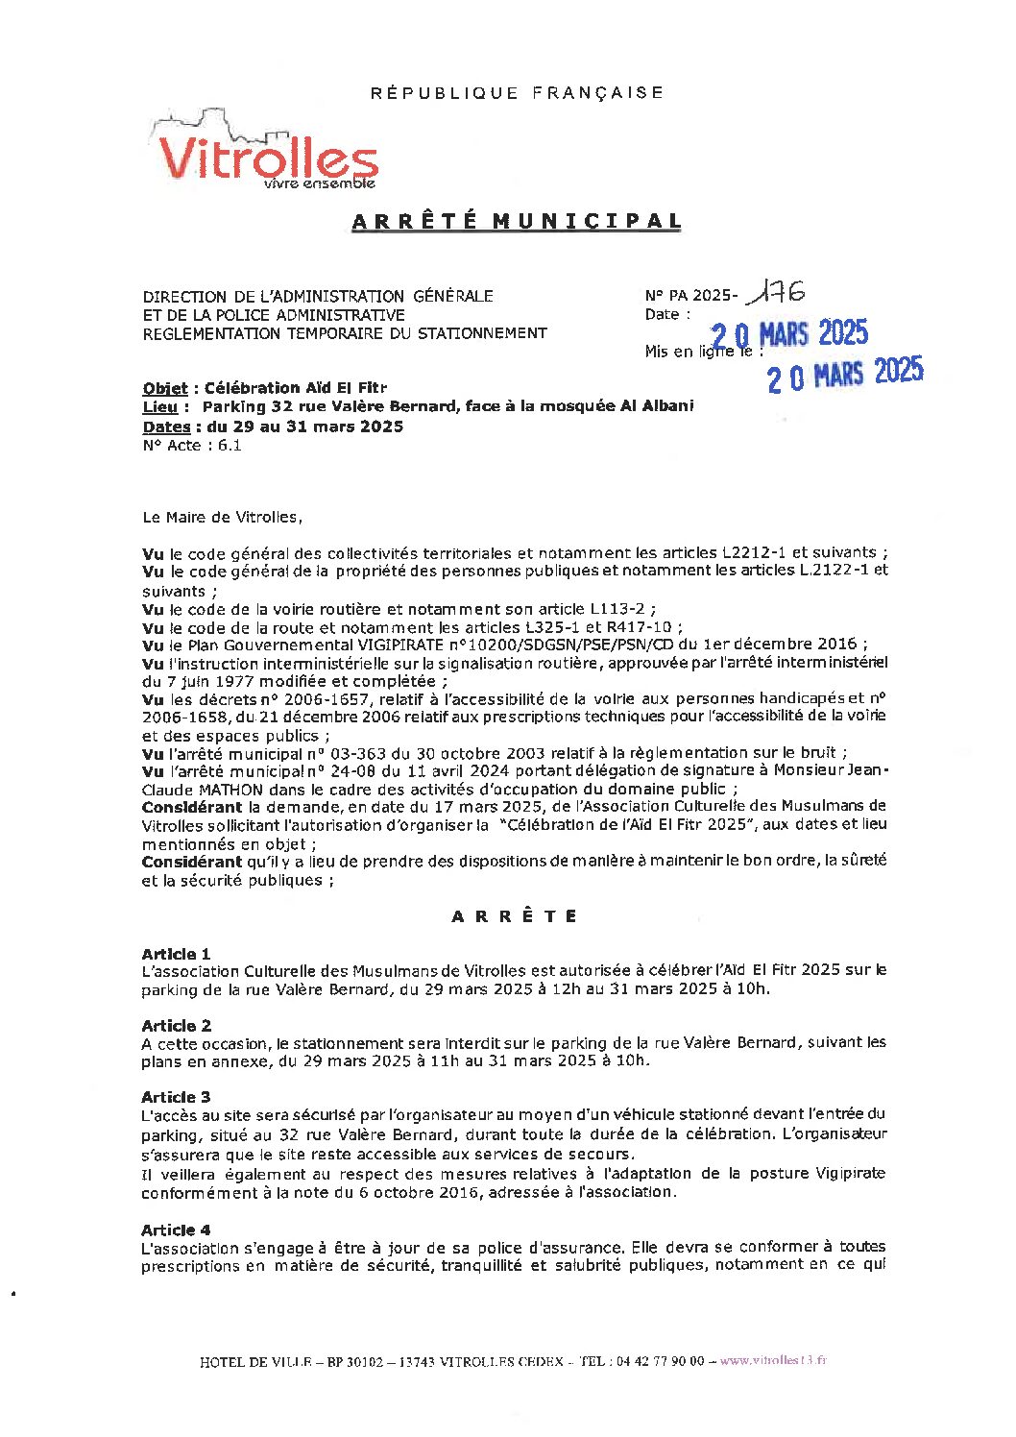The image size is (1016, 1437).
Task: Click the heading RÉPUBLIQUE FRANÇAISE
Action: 517,93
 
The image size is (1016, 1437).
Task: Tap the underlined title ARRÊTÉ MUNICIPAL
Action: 517,221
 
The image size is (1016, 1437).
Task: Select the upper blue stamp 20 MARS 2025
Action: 790,334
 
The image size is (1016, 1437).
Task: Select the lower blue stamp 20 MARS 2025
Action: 845,374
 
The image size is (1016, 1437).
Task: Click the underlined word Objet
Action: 165,388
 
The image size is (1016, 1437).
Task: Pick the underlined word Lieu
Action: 159,407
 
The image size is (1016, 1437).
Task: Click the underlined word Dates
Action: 166,426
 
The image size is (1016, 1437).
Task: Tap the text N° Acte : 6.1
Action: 192,446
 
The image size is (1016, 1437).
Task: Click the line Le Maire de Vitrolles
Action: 222,517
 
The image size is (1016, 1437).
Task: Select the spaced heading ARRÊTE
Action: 515,916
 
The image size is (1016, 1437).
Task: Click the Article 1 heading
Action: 176,954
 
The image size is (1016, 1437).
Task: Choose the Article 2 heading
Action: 176,1026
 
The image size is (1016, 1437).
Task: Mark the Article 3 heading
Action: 176,1097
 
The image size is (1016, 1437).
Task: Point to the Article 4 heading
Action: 176,1230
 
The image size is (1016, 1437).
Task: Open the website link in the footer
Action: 773,1361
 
